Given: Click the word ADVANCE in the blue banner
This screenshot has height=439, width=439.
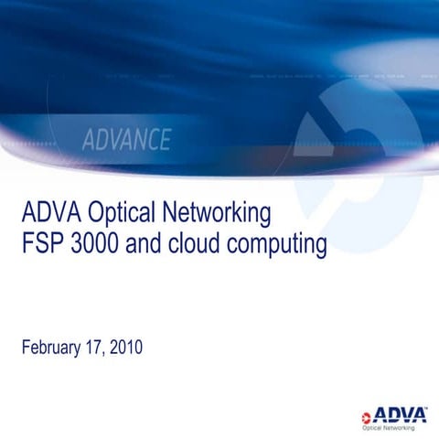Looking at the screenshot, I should [x=126, y=140].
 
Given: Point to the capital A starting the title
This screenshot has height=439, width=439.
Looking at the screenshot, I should [x=27, y=215].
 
